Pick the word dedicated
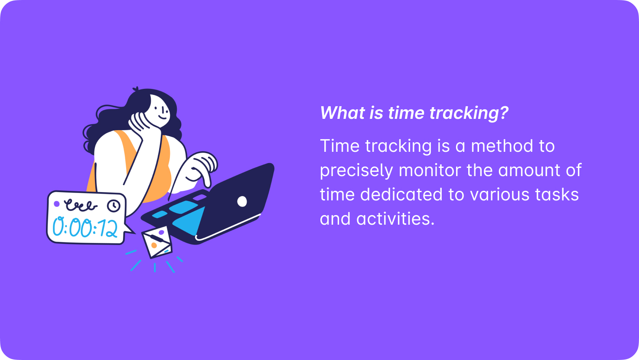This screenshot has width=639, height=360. coord(401,194)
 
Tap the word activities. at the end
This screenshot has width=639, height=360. coord(395,219)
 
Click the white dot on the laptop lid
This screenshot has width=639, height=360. coord(242,201)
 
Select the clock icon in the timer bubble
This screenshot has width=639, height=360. coord(114,206)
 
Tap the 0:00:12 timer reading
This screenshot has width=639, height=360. coord(85,228)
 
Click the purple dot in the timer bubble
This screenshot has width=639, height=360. coord(57,204)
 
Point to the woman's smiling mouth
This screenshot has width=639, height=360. coord(163,118)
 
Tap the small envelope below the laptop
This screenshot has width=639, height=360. coord(157,242)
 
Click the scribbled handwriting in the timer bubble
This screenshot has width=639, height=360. coord(81,205)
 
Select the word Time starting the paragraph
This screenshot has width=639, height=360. coord(339,146)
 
